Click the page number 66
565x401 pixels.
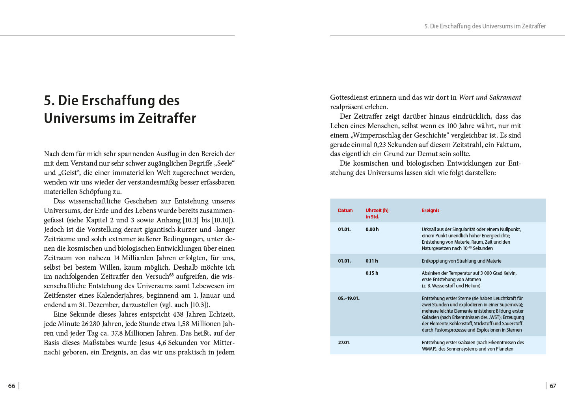coord(12,386)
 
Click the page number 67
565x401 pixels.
coord(553,386)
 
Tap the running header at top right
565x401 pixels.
coord(485,26)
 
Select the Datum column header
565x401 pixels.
coord(345,211)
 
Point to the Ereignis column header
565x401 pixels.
coord(430,211)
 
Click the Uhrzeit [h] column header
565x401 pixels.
coord(377,211)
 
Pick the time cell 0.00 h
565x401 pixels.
coord(372,229)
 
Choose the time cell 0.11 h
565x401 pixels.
coord(371,261)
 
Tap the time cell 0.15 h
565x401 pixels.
coord(371,273)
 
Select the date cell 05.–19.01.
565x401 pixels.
coord(349,298)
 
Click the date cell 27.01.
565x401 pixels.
coord(344,343)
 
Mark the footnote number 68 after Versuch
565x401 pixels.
coord(172,274)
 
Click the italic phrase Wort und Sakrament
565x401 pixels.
coord(490,97)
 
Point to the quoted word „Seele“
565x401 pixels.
coord(224,163)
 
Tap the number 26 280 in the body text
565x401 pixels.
coord(90,324)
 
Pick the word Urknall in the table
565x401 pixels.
coord(429,229)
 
